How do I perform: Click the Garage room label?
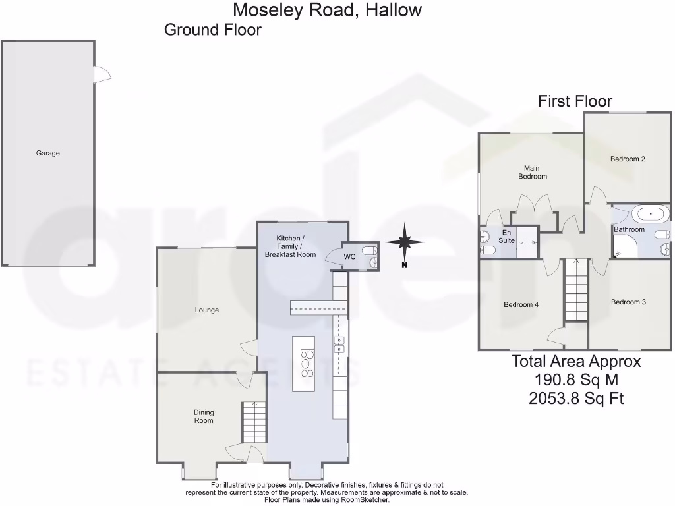tap(47, 153)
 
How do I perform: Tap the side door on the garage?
tap(101, 74)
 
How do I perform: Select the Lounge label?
tap(206, 310)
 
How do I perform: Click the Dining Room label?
tap(204, 416)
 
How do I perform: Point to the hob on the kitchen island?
tap(307, 363)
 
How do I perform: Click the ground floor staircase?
tap(254, 422)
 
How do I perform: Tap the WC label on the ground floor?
tap(349, 256)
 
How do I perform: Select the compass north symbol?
tap(405, 243)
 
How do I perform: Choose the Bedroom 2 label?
tap(627, 159)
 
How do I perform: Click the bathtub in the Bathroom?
tap(650, 214)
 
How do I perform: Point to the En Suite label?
tap(506, 237)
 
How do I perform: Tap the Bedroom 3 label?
tap(628, 302)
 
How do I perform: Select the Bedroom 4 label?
tap(521, 304)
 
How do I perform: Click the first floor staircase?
tap(575, 290)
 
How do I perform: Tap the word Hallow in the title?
tap(390, 10)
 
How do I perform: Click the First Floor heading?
tap(575, 101)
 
